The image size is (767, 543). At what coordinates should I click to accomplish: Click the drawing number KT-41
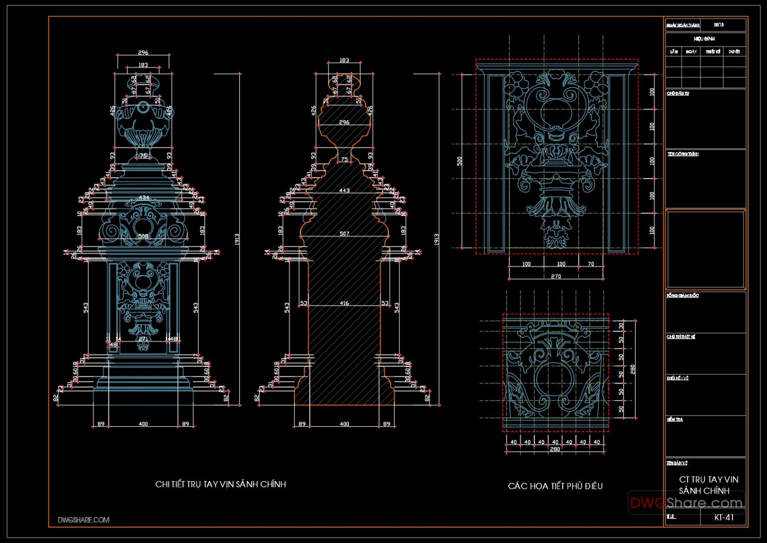(724, 517)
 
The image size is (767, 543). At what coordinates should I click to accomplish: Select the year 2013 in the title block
(719, 24)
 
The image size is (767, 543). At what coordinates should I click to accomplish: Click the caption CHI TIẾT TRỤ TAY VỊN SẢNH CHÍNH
(220, 484)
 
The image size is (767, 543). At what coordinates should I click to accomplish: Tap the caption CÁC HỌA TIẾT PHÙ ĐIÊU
(555, 486)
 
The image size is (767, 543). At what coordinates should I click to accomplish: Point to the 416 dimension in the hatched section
(344, 303)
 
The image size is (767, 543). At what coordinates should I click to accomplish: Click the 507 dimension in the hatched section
(344, 234)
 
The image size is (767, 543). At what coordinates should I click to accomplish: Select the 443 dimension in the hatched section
(344, 191)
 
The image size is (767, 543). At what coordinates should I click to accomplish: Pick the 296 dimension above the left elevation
(143, 52)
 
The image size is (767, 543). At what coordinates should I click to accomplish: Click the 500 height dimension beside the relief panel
(459, 161)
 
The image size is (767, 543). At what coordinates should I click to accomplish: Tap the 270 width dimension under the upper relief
(556, 276)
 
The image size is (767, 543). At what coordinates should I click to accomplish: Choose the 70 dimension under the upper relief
(591, 264)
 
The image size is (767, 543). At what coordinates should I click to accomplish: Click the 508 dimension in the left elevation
(143, 236)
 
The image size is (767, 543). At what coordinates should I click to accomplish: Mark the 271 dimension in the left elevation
(143, 339)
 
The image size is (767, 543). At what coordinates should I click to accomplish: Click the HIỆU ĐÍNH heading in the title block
(704, 38)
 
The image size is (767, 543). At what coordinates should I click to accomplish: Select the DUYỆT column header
(734, 51)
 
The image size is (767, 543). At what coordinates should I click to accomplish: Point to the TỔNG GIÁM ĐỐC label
(682, 296)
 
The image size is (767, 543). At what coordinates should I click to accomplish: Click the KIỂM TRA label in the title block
(675, 420)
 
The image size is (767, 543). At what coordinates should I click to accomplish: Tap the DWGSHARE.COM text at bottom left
(83, 520)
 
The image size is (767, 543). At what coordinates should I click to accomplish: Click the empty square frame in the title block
(705, 249)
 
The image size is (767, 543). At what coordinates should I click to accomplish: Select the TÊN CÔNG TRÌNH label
(683, 154)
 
